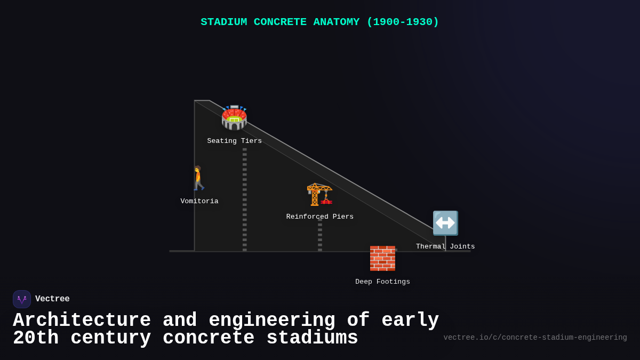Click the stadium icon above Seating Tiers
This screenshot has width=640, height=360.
[x=234, y=118]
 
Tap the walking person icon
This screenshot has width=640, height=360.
[x=198, y=178]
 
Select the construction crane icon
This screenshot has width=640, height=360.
[x=319, y=194]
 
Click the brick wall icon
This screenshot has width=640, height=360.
[x=382, y=259]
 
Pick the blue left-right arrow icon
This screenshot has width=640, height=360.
[x=445, y=223]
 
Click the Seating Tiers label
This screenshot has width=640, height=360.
[x=235, y=141]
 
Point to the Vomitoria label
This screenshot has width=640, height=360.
[x=199, y=202]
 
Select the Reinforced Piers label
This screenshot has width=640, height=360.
[x=320, y=217]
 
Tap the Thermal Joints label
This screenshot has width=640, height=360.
[x=445, y=247]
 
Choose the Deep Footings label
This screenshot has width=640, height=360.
[x=383, y=282]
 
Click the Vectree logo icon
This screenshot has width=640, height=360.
[x=22, y=299]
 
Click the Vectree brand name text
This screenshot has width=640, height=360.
[x=52, y=299]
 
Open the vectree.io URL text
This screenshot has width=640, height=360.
[x=535, y=338]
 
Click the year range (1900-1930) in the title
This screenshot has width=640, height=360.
[x=403, y=22]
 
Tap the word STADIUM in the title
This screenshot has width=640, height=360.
[x=224, y=22]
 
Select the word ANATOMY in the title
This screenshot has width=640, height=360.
[x=337, y=22]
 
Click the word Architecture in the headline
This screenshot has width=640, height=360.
[x=82, y=321]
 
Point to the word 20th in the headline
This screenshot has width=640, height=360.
[x=36, y=338]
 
